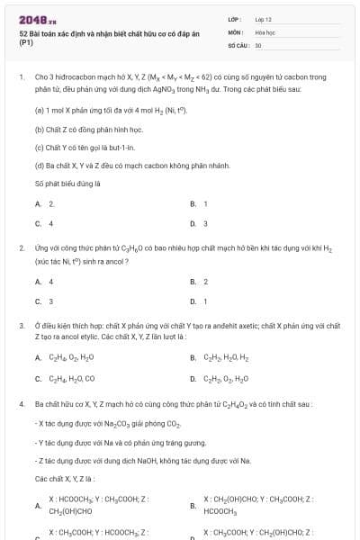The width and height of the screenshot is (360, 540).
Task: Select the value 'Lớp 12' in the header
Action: (264, 18)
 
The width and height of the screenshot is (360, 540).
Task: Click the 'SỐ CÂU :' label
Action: (238, 44)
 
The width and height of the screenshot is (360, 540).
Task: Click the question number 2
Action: (21, 247)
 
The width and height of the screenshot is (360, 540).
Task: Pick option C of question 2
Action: (44, 301)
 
